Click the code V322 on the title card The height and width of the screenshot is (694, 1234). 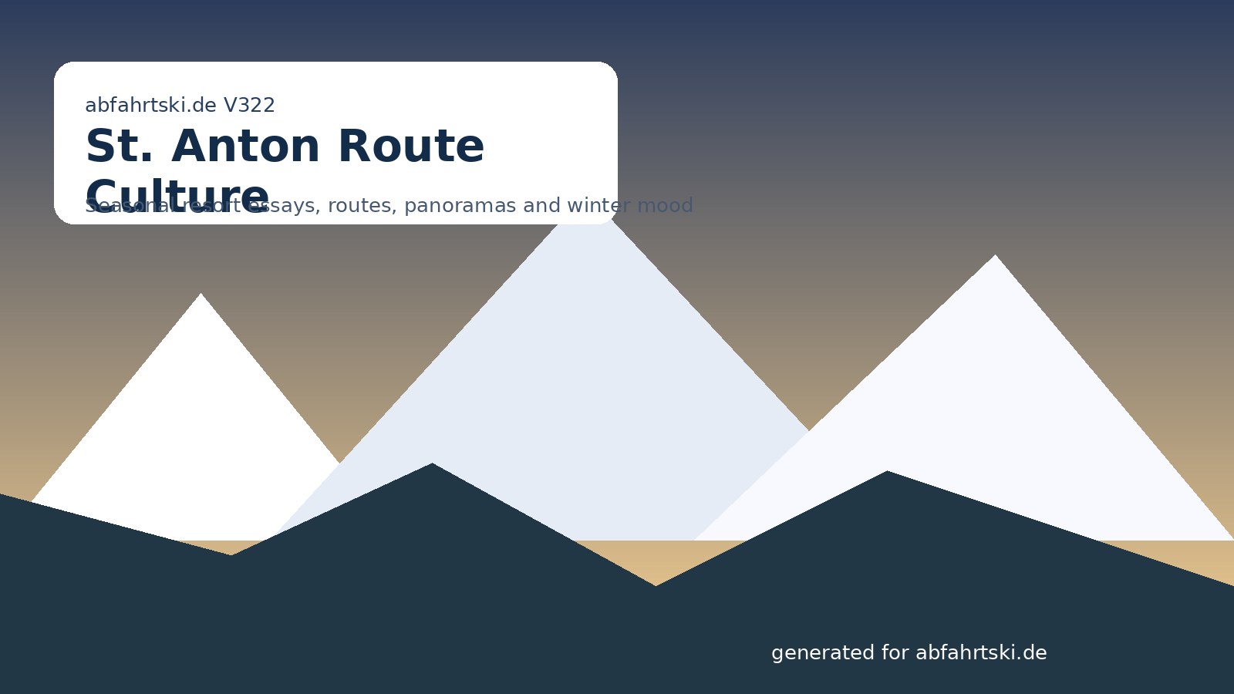pos(249,106)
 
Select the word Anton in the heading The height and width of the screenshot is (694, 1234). pos(250,147)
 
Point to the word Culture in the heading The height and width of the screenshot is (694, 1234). pos(177,197)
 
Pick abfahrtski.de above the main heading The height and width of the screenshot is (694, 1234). pos(150,106)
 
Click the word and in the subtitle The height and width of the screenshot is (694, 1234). pos(542,206)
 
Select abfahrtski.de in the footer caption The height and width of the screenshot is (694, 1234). pos(981,653)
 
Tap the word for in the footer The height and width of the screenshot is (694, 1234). pos(895,653)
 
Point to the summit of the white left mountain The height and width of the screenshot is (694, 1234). pos(201,295)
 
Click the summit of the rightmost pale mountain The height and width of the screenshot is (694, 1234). pos(995,256)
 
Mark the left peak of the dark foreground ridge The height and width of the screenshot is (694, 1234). pos(432,464)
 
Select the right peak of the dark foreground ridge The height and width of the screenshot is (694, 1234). pos(887,472)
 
